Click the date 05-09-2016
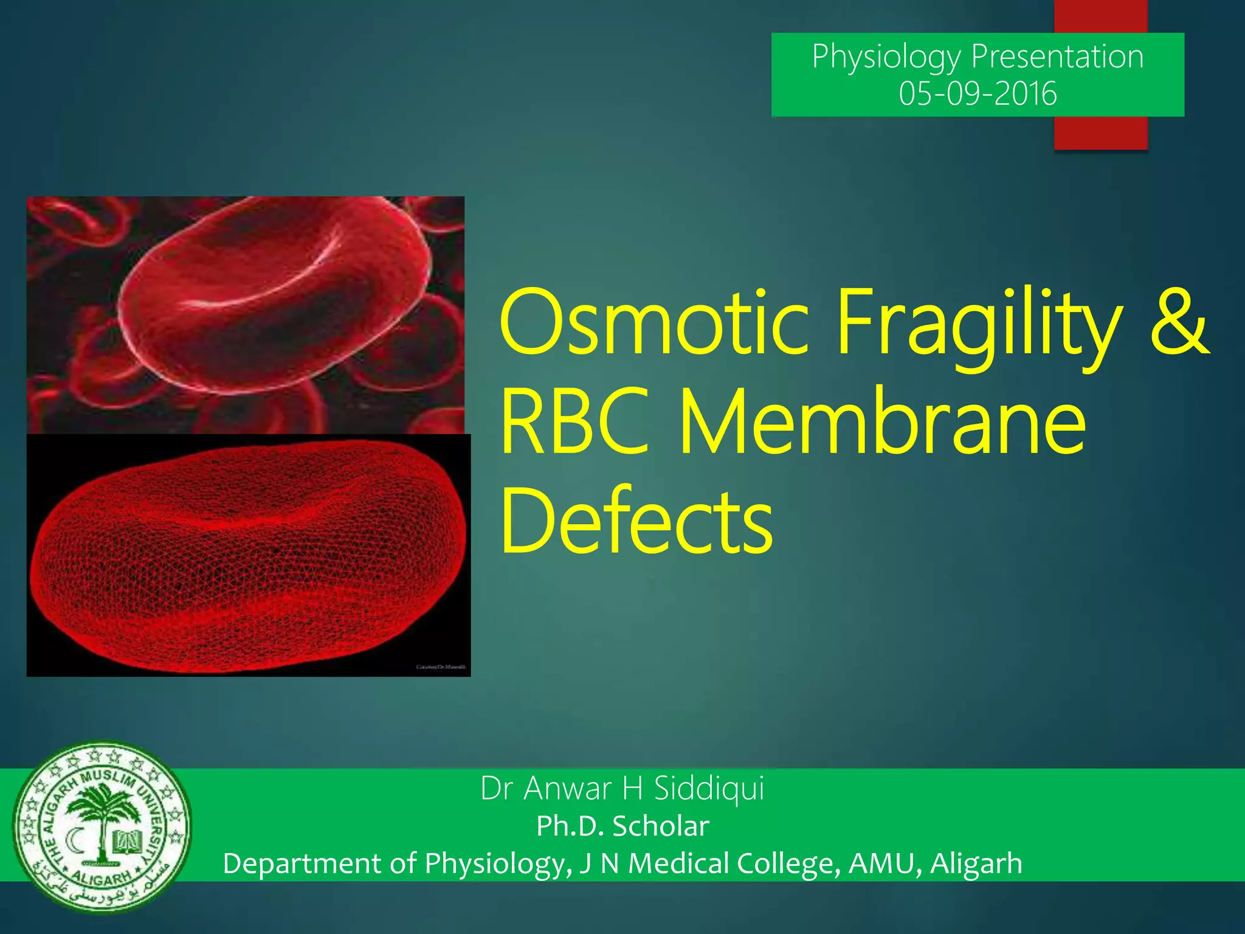point(978,94)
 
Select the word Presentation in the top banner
point(1057,57)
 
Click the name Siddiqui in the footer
point(709,788)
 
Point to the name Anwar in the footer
point(568,788)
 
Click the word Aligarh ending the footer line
point(976,863)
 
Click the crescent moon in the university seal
point(75,842)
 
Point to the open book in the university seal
point(127,842)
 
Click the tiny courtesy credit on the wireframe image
point(441,667)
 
